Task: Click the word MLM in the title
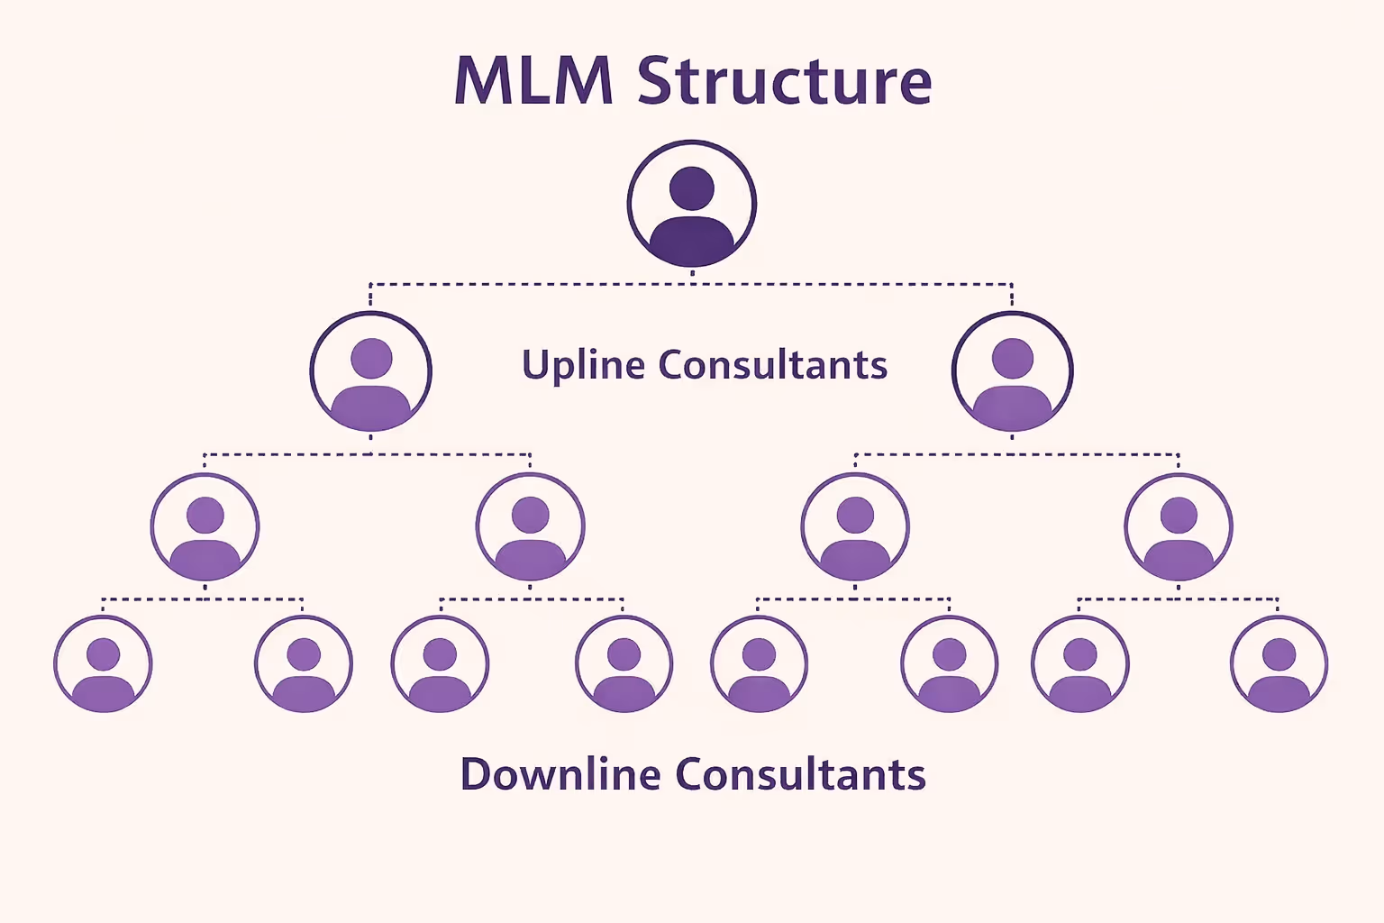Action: click(533, 81)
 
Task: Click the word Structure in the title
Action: click(784, 81)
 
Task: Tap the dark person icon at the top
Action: click(692, 204)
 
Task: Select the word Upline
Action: click(584, 365)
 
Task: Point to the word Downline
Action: click(560, 774)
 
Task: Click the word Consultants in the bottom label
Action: click(800, 774)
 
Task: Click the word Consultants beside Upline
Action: click(773, 365)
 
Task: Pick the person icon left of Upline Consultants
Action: click(371, 371)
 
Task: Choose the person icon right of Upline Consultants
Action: click(1012, 371)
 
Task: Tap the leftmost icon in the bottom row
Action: click(103, 664)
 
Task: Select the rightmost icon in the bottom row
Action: click(1279, 664)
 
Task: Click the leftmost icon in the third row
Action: click(205, 527)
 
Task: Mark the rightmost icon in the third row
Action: click(1179, 527)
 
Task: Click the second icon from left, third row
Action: click(531, 527)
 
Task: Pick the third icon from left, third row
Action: click(855, 527)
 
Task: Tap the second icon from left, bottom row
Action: click(304, 664)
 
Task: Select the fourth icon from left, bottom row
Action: click(624, 664)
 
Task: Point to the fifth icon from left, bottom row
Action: click(759, 664)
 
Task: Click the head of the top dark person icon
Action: click(692, 188)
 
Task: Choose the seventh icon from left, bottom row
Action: click(1079, 664)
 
